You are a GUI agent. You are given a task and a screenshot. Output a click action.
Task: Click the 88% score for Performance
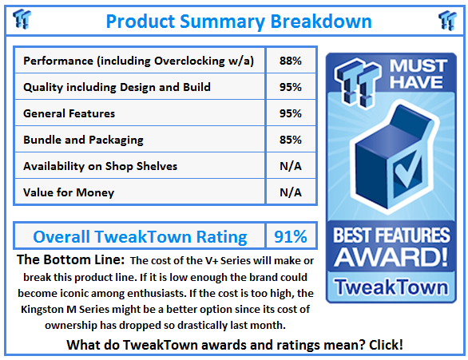[291, 61]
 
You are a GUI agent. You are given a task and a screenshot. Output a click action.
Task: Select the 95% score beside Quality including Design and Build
[291, 87]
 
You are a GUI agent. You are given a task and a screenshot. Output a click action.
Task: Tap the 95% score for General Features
[291, 113]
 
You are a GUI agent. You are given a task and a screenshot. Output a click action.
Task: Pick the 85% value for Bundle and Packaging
[291, 140]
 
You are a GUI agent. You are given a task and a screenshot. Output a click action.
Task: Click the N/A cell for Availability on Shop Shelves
[291, 166]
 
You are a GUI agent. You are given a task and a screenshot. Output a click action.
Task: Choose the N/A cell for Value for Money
[291, 192]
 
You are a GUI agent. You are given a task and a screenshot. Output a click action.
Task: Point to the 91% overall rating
[291, 236]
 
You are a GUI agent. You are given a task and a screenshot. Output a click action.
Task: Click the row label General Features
[69, 113]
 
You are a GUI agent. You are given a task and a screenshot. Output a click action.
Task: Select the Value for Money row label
[69, 192]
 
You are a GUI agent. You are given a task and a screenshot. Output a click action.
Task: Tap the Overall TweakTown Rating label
[140, 237]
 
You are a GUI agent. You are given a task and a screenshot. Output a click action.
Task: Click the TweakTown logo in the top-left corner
[22, 19]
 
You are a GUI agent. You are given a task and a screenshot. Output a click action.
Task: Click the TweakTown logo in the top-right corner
[447, 20]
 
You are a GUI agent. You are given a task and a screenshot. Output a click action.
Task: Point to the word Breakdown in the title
[321, 22]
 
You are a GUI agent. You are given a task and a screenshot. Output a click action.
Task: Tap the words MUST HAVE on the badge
[418, 74]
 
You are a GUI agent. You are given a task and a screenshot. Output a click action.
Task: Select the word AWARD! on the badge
[391, 257]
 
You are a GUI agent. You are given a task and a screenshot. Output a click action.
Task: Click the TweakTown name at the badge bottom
[391, 287]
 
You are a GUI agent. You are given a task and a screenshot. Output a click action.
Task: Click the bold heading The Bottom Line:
[70, 259]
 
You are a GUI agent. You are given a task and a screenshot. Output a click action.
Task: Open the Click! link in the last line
[386, 345]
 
